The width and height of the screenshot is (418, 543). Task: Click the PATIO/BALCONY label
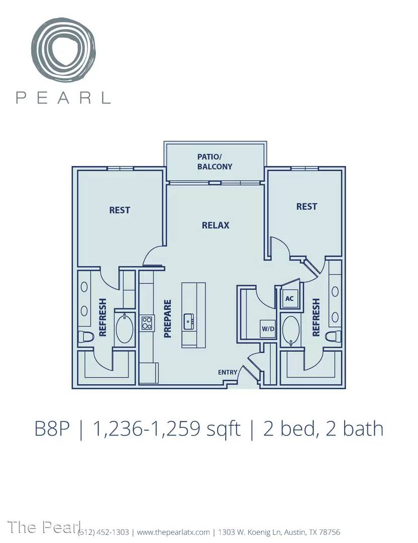tap(215, 161)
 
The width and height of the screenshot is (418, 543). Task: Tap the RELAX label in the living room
tap(216, 225)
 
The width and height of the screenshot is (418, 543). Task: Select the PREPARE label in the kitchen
tap(167, 319)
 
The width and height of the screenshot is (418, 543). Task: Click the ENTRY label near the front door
tap(228, 372)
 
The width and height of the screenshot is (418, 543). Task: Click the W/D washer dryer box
tap(268, 328)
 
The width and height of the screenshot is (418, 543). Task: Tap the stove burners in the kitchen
tap(147, 323)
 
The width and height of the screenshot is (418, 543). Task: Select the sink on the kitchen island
tap(188, 322)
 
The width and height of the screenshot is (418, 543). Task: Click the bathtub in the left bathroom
tap(125, 329)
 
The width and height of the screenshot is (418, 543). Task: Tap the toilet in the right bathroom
tap(334, 336)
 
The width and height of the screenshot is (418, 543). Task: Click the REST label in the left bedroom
tap(120, 210)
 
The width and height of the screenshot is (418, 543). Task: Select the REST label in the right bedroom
tap(306, 207)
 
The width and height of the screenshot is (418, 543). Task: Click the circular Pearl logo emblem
tap(63, 48)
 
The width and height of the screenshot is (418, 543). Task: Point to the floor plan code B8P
tap(52, 429)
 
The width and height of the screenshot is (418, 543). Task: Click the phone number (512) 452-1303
tap(103, 532)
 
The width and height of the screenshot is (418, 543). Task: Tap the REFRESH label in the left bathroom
tap(103, 318)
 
